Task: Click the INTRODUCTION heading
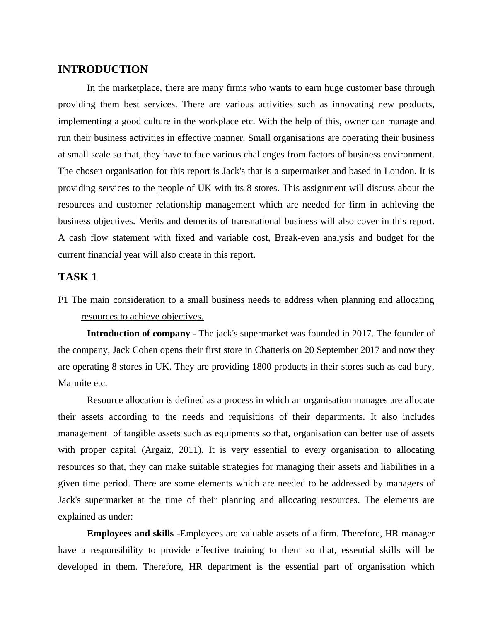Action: tap(103, 70)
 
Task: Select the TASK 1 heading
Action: tap(77, 277)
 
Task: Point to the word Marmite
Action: tap(75, 383)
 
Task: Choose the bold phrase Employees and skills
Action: tap(130, 534)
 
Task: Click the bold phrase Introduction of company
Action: tap(138, 333)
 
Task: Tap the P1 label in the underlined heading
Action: tap(63, 300)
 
